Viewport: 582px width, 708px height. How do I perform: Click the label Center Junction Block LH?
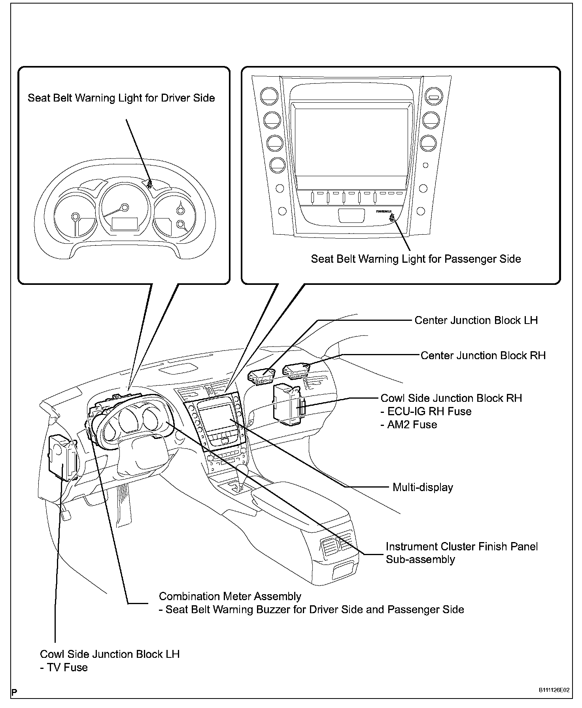tap(476, 320)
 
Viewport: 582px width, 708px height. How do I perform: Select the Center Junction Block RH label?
tap(483, 355)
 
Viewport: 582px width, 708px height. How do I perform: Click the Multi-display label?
tap(423, 487)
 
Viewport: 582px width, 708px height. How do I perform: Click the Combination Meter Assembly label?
tap(230, 596)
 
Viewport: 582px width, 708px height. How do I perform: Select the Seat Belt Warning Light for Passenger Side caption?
tap(416, 259)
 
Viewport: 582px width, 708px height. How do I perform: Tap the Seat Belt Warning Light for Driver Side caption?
tap(121, 98)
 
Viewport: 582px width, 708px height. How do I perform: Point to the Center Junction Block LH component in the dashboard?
tap(261, 376)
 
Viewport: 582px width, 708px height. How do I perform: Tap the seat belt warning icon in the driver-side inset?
tap(149, 184)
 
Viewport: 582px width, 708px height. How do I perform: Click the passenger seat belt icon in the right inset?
tap(391, 218)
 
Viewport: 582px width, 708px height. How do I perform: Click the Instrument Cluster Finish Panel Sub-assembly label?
tap(461, 553)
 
